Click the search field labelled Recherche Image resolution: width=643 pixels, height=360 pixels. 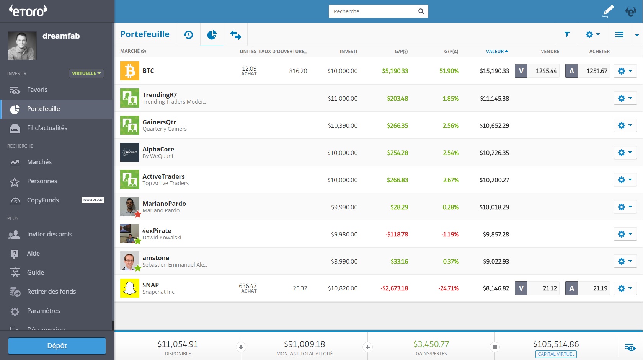tap(373, 11)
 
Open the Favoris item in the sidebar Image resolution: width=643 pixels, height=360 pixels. tap(37, 90)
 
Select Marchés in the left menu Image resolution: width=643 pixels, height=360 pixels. tap(39, 162)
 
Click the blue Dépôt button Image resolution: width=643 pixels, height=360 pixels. tap(57, 346)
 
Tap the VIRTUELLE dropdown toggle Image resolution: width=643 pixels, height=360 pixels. tap(86, 73)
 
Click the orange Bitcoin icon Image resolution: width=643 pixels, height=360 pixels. tap(130, 71)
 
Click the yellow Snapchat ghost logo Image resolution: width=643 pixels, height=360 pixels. tap(130, 288)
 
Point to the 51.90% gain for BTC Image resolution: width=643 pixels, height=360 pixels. tap(449, 71)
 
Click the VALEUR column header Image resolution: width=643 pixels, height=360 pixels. tap(496, 51)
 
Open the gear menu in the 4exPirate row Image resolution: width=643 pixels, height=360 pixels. tap(625, 234)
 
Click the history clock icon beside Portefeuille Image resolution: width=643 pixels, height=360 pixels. tap(188, 35)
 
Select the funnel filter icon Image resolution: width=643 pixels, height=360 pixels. tap(567, 34)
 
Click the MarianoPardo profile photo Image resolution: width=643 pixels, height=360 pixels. tap(130, 207)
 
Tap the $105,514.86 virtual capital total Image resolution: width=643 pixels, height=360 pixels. tap(556, 344)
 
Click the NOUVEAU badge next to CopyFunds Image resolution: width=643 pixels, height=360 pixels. tap(93, 200)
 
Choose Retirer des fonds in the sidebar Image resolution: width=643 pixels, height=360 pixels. tap(51, 292)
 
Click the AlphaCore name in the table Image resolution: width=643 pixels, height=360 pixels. tap(158, 149)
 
